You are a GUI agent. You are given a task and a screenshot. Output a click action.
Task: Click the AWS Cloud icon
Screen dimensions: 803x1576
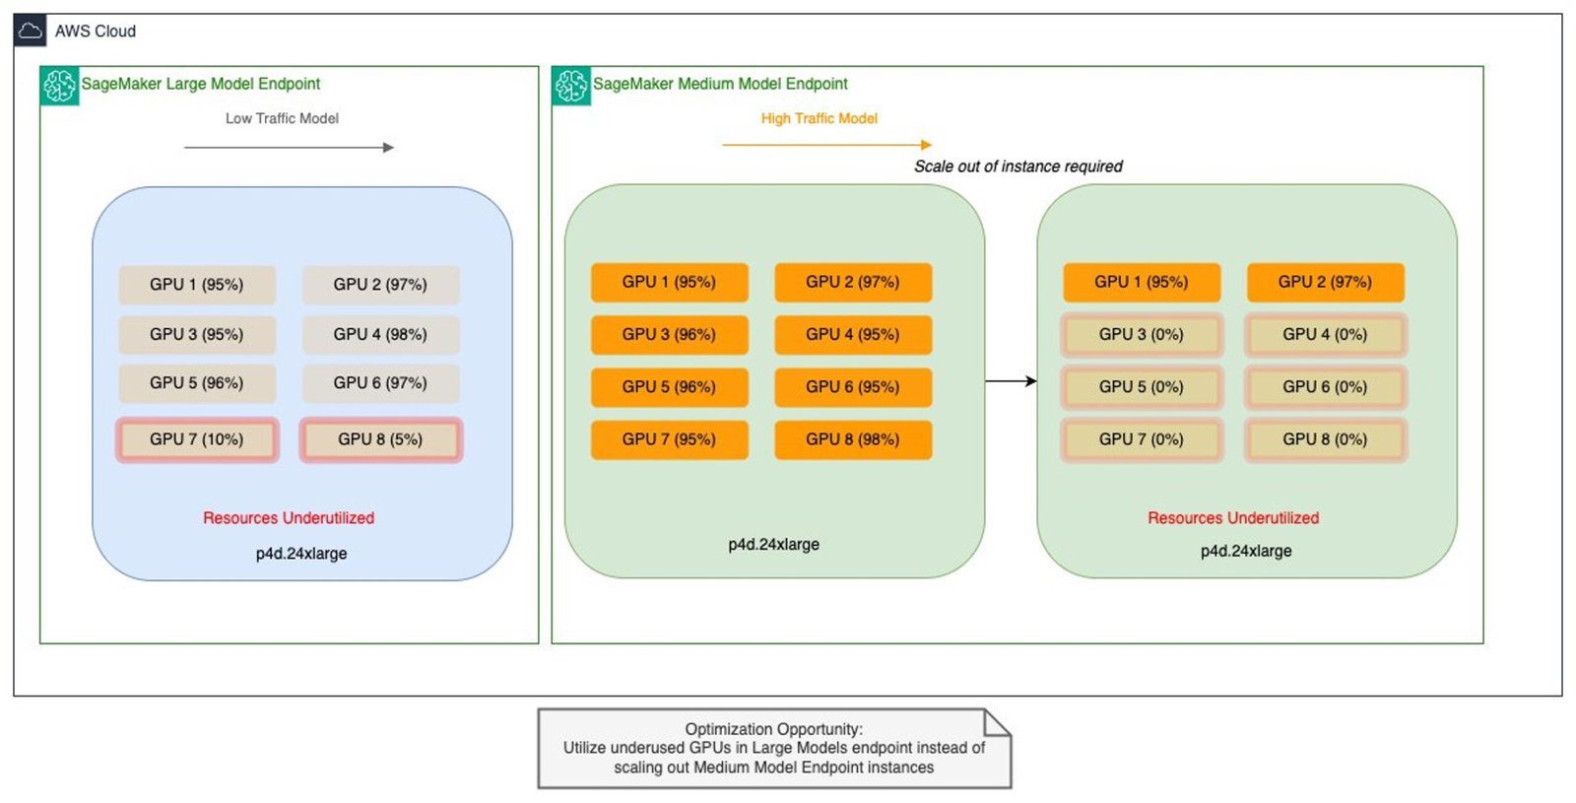tap(31, 31)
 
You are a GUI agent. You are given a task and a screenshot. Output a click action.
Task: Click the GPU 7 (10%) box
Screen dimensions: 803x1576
tap(197, 439)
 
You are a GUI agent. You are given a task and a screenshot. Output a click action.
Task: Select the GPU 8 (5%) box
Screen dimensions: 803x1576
tap(380, 439)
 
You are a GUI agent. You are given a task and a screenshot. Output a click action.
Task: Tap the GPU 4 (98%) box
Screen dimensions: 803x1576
tap(380, 335)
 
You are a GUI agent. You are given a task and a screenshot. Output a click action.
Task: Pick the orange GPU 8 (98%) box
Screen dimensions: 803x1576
tap(853, 439)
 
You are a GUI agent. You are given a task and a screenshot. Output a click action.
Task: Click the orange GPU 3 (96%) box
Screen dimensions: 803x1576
tap(669, 335)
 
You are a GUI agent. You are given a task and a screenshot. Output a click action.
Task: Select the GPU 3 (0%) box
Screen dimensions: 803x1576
tap(1142, 335)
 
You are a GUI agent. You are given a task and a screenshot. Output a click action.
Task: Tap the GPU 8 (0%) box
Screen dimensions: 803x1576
tap(1325, 439)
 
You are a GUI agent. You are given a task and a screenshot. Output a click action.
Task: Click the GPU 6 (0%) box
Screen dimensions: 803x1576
tap(1325, 387)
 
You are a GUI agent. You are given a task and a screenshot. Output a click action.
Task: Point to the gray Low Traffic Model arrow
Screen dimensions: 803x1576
tap(289, 148)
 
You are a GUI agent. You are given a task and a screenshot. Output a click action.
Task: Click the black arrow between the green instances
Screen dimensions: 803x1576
tap(1011, 381)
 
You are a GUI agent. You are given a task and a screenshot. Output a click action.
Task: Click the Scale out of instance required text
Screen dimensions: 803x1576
tap(1018, 167)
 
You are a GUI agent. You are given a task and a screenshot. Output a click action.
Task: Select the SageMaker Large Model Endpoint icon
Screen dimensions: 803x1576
tap(59, 86)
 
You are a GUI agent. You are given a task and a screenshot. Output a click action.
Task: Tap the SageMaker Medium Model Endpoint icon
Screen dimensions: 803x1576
tap(571, 86)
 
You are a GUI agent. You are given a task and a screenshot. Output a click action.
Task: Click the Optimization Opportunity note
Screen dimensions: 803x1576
tap(774, 749)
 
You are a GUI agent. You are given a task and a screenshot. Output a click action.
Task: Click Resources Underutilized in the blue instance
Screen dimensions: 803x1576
tap(289, 518)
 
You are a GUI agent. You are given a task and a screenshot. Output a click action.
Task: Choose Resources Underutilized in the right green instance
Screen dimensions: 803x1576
tap(1233, 518)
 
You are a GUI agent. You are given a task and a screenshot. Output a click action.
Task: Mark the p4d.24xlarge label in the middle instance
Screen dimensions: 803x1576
tap(773, 545)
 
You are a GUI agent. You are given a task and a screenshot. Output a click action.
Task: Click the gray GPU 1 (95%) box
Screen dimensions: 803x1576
tap(197, 285)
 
